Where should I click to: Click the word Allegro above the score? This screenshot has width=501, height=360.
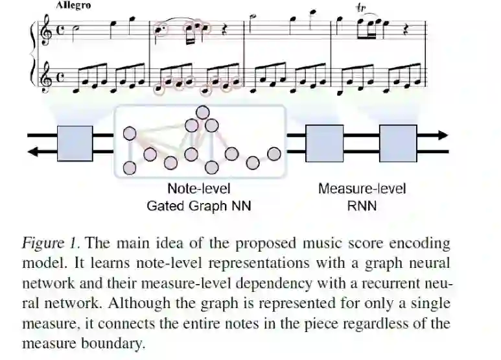[73, 5]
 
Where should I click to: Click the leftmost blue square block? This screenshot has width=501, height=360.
[75, 143]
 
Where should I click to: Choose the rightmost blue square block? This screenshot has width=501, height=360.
[397, 143]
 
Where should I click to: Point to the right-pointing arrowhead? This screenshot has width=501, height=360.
[442, 136]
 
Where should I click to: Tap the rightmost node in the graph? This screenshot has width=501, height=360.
[275, 154]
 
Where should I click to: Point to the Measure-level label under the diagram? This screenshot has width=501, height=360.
[362, 189]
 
